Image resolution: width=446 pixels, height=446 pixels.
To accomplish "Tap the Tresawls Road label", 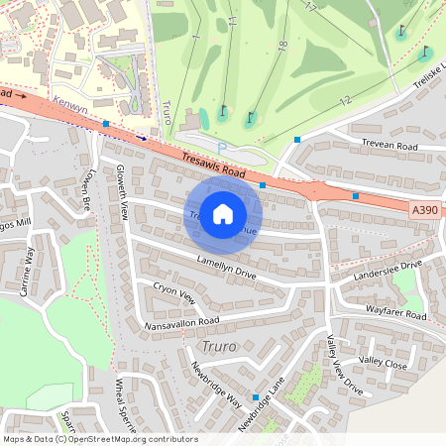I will click(x=213, y=165).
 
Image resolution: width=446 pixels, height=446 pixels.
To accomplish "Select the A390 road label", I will click(x=423, y=210).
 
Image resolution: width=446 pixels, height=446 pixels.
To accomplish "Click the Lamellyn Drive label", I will click(x=227, y=266).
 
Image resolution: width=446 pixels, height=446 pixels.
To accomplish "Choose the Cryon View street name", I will click(x=174, y=293).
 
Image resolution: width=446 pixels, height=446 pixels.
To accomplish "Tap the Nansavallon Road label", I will click(x=181, y=323).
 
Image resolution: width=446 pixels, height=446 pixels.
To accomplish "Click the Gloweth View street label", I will click(x=123, y=191).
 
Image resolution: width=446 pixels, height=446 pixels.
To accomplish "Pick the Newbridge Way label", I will click(x=217, y=385).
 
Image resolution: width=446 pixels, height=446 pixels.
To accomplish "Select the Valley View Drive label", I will click(x=344, y=366).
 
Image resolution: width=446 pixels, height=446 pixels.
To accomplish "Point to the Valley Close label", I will click(x=383, y=363).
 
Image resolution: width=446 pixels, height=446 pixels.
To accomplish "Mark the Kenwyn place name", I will click(x=71, y=102).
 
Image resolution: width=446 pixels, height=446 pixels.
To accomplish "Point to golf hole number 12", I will click(x=345, y=100).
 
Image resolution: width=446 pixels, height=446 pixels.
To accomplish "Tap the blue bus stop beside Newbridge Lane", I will click(x=256, y=397).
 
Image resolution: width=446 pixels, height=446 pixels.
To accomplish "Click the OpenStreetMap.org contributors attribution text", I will click(x=134, y=438).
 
